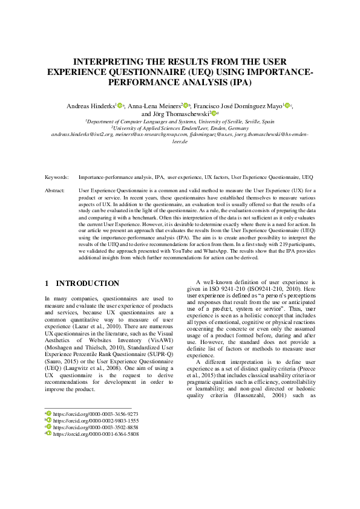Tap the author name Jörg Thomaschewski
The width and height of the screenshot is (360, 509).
click(x=175, y=113)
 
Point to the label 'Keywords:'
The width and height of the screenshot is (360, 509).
click(x=57, y=178)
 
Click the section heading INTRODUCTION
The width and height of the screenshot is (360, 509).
click(x=88, y=283)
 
